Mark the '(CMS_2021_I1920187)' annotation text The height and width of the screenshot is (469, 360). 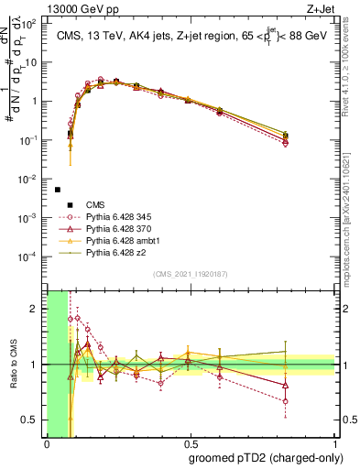coord(191,274)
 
